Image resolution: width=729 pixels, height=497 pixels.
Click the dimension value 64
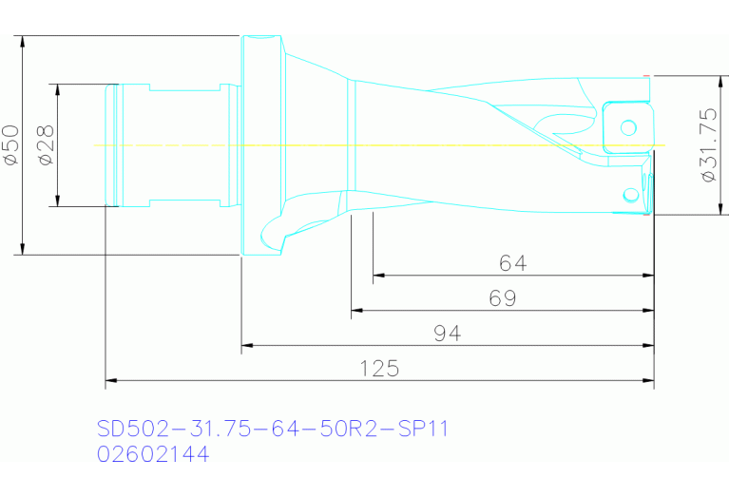(512, 263)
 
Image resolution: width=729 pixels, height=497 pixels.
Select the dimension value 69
(503, 298)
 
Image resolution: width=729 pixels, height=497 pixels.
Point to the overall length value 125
(379, 369)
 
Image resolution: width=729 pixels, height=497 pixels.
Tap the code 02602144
(153, 454)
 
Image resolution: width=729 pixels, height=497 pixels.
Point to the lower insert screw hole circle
(629, 195)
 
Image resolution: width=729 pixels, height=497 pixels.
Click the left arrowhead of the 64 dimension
(378, 276)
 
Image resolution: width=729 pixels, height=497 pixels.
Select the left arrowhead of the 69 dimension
(356, 311)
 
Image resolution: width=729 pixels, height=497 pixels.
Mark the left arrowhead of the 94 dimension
(247, 346)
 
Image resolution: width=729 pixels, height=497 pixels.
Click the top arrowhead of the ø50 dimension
(22, 41)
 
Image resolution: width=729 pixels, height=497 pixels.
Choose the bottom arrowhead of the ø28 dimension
(57, 201)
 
